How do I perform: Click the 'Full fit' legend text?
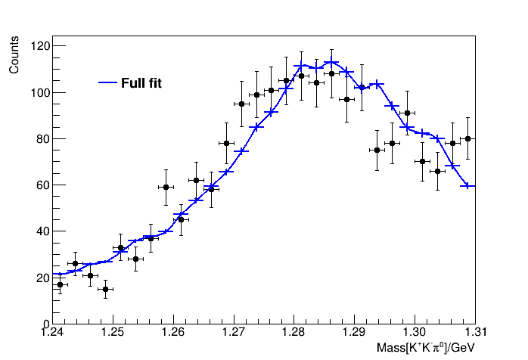click(x=141, y=83)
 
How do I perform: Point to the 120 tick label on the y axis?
click(x=39, y=47)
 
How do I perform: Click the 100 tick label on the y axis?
click(x=39, y=93)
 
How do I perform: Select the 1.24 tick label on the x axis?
click(x=53, y=332)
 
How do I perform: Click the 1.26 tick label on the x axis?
click(x=173, y=332)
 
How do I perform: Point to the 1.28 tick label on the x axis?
click(x=294, y=332)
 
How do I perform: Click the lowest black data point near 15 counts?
click(x=105, y=289)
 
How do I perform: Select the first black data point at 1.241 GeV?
click(x=60, y=284)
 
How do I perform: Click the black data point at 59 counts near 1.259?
click(x=166, y=187)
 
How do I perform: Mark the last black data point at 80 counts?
click(x=468, y=138)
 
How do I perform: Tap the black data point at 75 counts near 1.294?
click(x=377, y=150)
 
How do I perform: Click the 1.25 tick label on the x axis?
click(x=113, y=332)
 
